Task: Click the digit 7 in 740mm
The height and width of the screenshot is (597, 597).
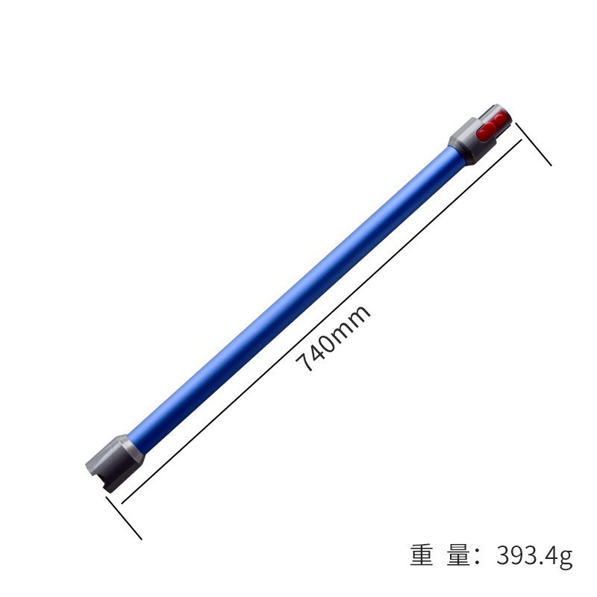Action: coord(304,365)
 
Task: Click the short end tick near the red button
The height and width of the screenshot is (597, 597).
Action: coord(533,145)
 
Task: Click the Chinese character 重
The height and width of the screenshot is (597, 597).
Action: coord(422,557)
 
